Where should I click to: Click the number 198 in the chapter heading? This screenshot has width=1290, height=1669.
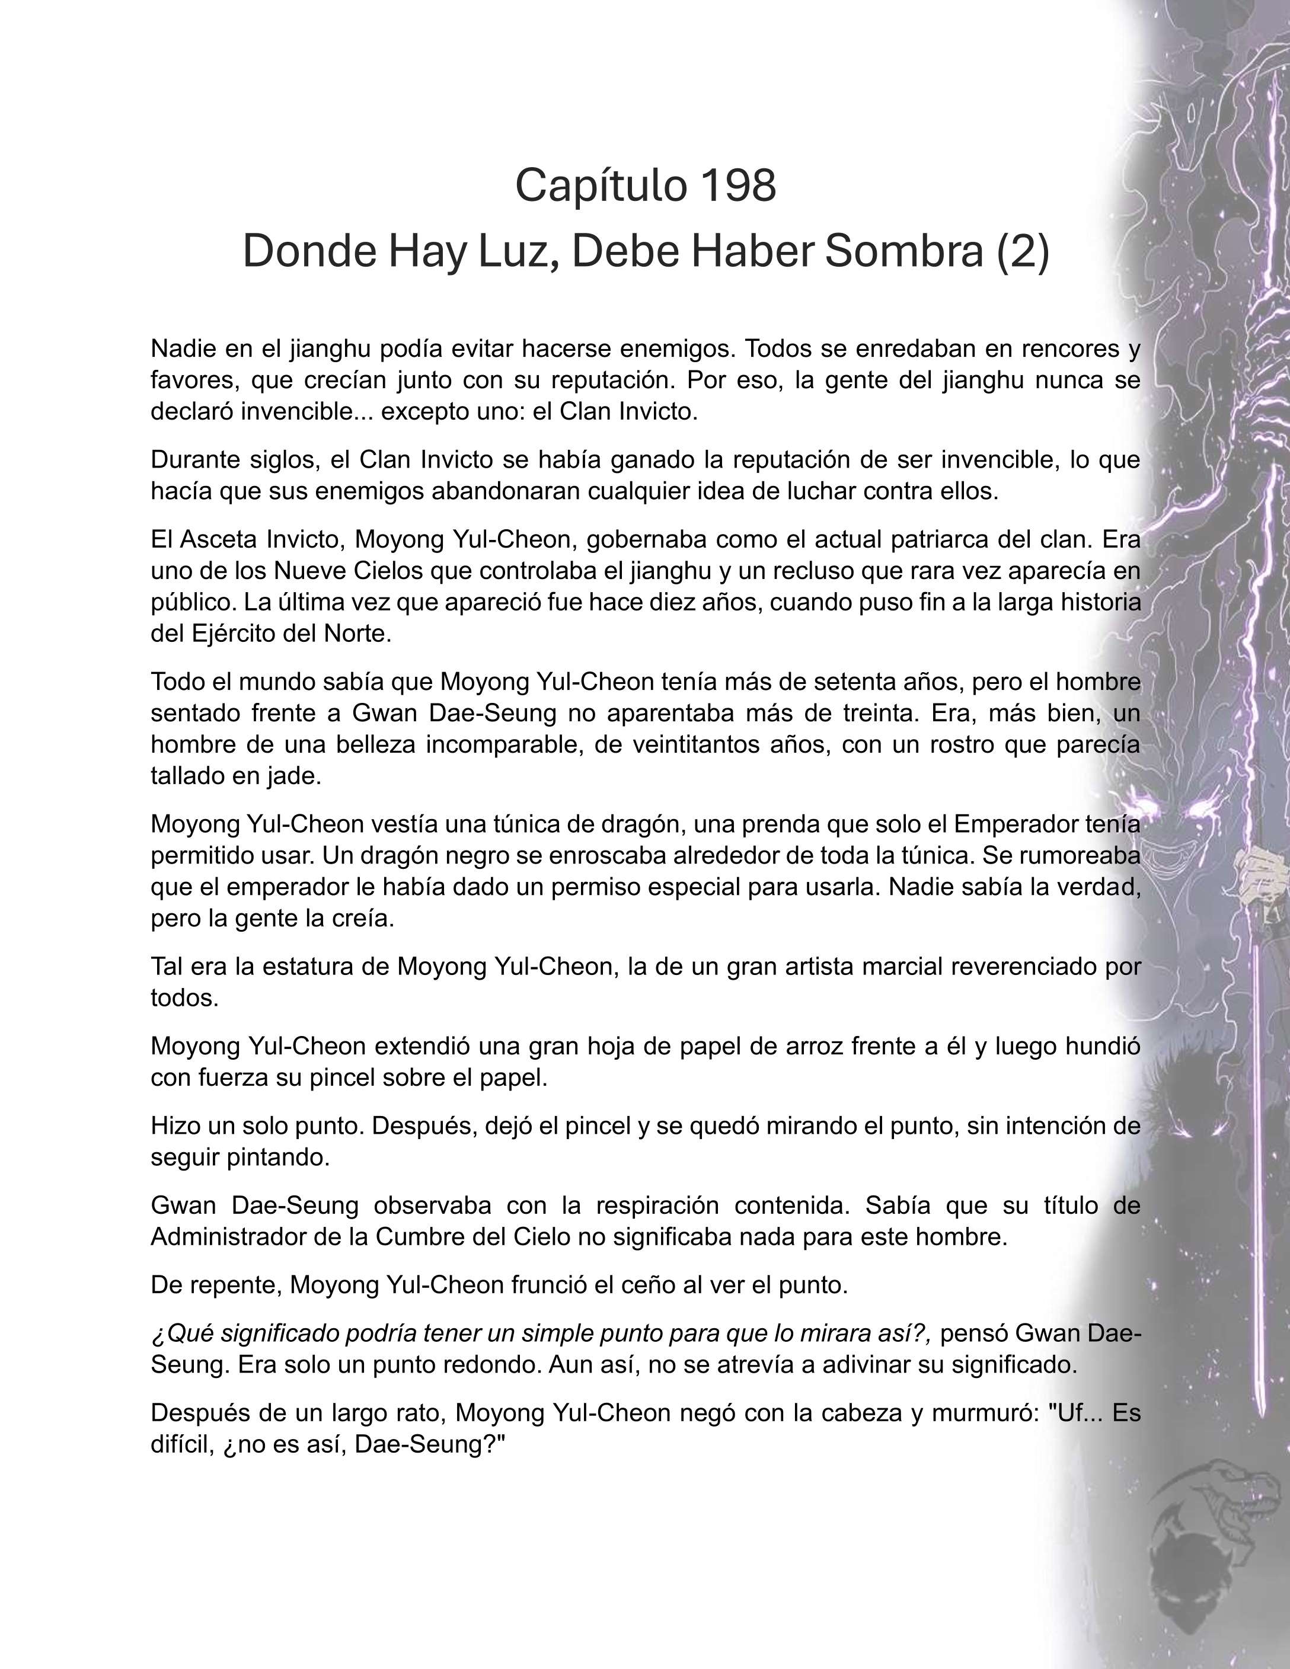737,185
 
